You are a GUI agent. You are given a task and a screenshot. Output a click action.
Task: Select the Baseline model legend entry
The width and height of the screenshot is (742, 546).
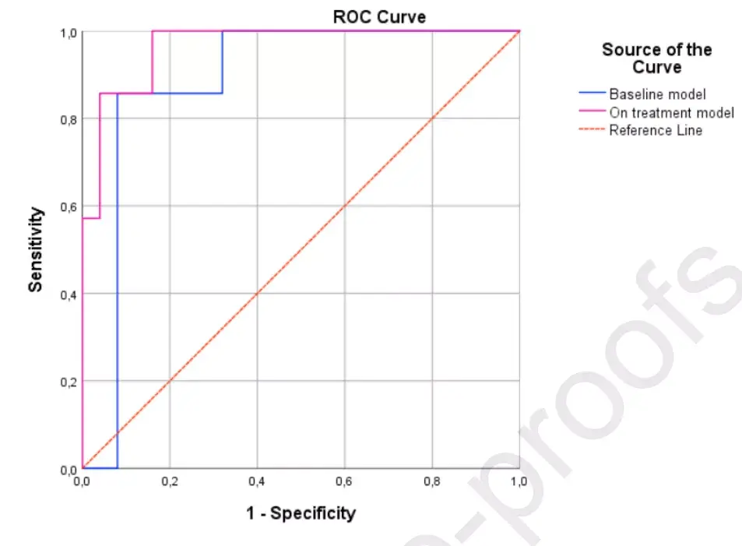657,94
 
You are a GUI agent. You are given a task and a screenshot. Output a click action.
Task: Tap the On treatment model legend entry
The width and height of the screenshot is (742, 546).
671,113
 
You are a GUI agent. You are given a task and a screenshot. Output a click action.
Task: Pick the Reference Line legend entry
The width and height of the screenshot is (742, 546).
656,131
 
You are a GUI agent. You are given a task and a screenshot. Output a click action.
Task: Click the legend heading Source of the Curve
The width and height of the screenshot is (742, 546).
656,58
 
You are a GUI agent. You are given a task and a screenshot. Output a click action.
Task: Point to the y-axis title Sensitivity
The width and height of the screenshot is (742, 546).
35,249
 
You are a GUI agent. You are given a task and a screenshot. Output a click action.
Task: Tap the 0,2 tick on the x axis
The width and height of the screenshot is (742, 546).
170,482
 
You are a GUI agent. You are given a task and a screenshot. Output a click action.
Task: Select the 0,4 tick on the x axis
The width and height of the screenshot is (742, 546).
257,482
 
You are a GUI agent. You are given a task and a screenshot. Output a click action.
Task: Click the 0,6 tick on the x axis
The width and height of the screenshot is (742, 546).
344,482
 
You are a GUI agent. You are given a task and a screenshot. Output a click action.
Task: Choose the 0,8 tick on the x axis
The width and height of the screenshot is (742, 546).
431,482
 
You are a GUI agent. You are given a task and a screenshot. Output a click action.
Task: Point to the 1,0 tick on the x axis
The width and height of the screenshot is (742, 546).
519,482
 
